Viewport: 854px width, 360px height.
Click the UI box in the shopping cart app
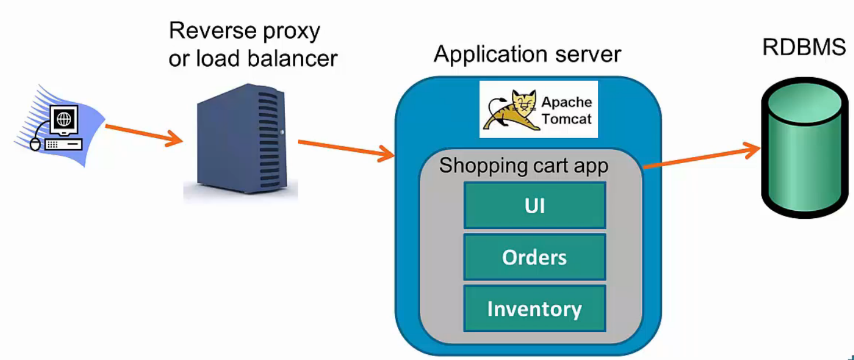[534, 205]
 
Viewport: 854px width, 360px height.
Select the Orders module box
[534, 257]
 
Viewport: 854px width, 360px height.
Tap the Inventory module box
[534, 308]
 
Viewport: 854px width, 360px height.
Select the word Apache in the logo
[566, 102]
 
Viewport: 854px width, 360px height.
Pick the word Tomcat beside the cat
[566, 119]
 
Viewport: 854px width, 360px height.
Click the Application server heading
[527, 54]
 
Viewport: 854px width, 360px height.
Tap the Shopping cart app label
[523, 165]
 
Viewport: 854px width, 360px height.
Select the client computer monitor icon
[62, 120]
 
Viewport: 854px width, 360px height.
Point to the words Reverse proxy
[244, 31]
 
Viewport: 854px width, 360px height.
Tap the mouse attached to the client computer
[35, 144]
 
